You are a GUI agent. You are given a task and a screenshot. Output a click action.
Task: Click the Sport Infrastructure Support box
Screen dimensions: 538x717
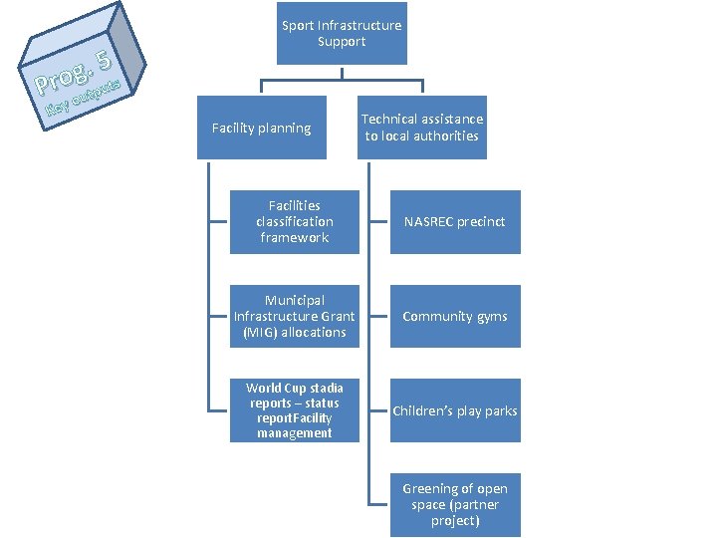(x=342, y=33)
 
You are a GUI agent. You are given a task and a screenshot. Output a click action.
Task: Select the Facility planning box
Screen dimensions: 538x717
(x=262, y=128)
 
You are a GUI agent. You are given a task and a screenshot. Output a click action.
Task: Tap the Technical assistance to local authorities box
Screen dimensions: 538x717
(x=421, y=128)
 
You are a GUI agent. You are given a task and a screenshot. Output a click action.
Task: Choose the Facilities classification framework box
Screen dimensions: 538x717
(x=294, y=221)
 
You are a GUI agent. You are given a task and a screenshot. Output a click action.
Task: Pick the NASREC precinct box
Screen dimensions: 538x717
(x=454, y=221)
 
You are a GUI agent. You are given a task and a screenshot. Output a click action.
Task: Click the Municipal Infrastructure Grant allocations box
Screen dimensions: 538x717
(x=294, y=316)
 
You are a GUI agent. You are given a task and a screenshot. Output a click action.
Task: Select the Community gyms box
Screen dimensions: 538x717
(x=454, y=316)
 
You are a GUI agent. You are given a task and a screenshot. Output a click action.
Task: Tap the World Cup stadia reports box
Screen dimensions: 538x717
(x=294, y=410)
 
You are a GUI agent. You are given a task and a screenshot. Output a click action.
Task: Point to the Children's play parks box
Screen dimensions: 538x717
(x=454, y=410)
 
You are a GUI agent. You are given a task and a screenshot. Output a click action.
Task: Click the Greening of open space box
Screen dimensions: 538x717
(x=454, y=504)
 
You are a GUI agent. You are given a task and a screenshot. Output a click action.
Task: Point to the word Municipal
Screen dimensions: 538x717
(x=294, y=300)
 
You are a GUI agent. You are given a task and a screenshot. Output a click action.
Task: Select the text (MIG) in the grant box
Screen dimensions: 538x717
(x=260, y=332)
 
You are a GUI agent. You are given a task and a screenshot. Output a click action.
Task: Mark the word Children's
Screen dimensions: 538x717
(x=422, y=410)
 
